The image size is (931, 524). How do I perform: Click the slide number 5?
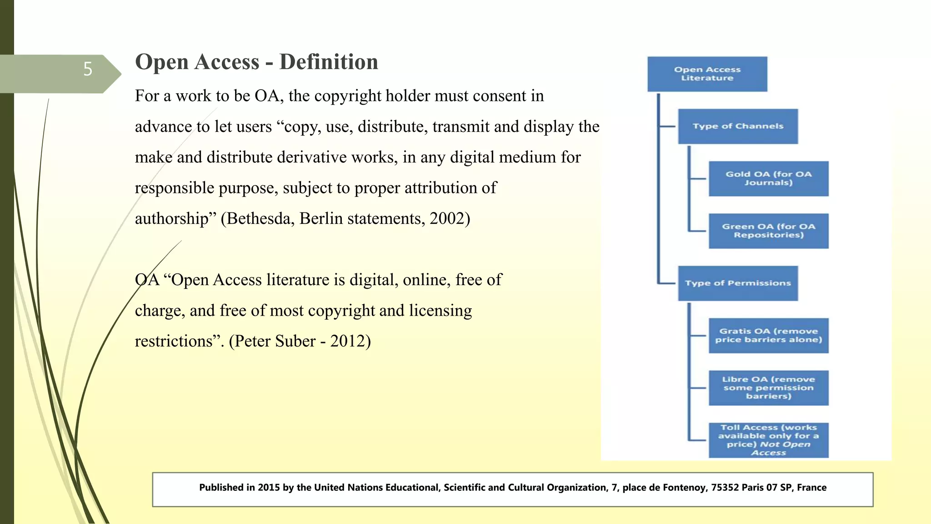click(88, 69)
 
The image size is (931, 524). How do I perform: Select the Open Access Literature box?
click(707, 74)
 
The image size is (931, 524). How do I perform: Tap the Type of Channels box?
click(737, 126)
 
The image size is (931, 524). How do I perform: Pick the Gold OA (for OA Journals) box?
click(768, 179)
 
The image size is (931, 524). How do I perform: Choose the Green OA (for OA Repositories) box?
click(768, 231)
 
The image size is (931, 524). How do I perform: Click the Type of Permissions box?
click(737, 283)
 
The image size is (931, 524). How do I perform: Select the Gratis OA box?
click(768, 336)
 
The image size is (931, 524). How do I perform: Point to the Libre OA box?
click(768, 388)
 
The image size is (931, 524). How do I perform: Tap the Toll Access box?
click(768, 440)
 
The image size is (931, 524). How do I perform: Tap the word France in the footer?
click(811, 488)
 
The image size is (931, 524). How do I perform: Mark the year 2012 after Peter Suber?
click(347, 341)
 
